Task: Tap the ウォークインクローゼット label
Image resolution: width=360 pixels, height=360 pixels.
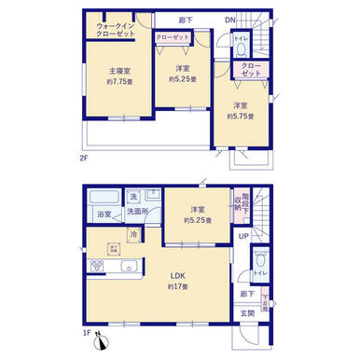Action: click(x=116, y=29)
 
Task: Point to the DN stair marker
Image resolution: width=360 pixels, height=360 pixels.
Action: click(x=229, y=21)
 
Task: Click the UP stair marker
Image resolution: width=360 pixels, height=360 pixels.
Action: click(x=243, y=237)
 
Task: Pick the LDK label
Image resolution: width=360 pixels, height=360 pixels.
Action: click(x=177, y=274)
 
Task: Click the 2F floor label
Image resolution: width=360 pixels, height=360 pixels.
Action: click(x=83, y=158)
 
